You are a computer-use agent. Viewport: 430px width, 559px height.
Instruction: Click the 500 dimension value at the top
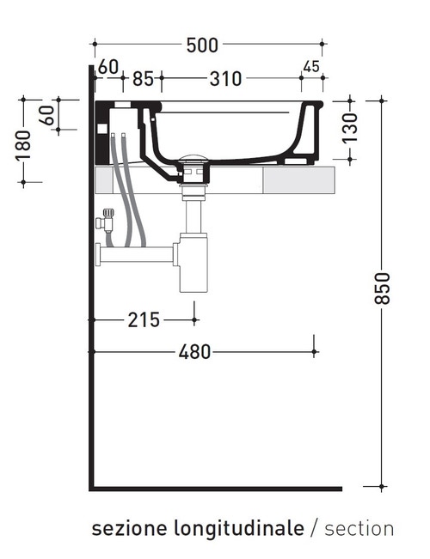pyautogui.click(x=202, y=46)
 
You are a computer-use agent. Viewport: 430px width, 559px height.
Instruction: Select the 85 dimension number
pyautogui.click(x=143, y=79)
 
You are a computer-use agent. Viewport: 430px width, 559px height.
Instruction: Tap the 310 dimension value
pyautogui.click(x=225, y=79)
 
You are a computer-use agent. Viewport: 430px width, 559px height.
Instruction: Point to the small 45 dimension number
pyautogui.click(x=311, y=66)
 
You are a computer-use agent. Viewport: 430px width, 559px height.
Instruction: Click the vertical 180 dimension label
pyautogui.click(x=23, y=145)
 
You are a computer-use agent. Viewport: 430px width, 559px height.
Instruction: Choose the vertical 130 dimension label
pyautogui.click(x=350, y=128)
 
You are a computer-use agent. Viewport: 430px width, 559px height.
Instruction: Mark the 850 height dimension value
pyautogui.click(x=382, y=289)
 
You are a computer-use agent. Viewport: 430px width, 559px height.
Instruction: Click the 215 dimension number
pyautogui.click(x=144, y=319)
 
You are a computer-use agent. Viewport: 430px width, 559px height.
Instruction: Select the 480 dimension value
pyautogui.click(x=194, y=352)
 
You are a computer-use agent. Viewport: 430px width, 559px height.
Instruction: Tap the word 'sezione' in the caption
pyautogui.click(x=129, y=528)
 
